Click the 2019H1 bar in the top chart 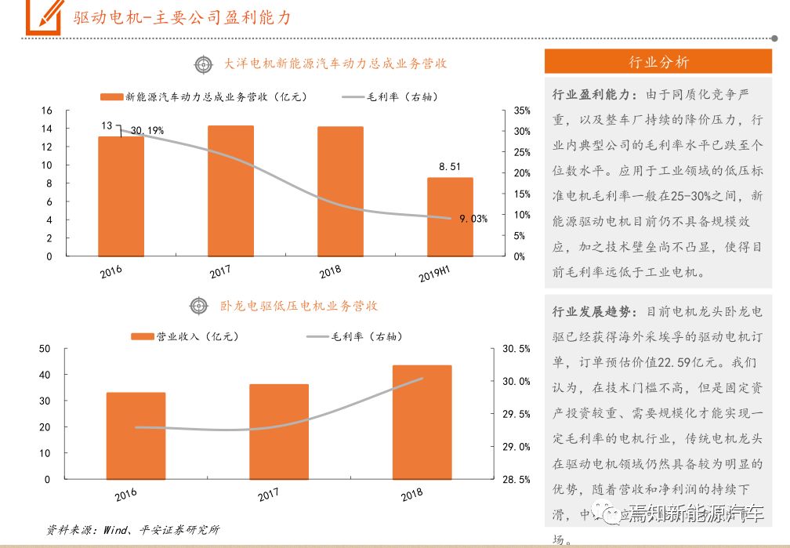coord(450,216)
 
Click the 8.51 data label coord(450,166)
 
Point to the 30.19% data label coord(147,130)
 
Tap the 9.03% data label coord(473,219)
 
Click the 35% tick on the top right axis coord(523,111)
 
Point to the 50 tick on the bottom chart coord(45,348)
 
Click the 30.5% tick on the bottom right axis coord(514,348)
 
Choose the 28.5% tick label coord(514,479)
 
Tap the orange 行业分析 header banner coord(659,62)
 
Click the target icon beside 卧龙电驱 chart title coord(197,306)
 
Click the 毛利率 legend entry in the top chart coord(390,97)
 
